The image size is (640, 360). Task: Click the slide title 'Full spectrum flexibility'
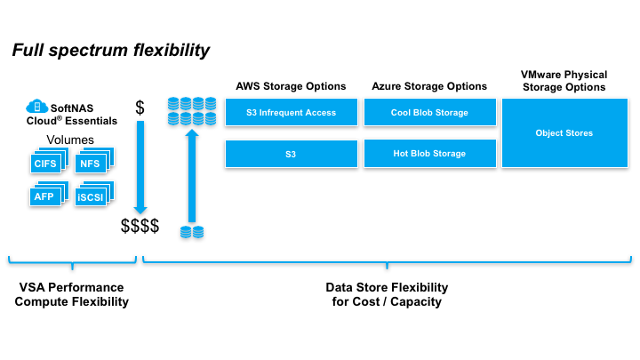111,50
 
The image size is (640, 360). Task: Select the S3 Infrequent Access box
291,113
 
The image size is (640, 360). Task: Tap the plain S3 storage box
291,154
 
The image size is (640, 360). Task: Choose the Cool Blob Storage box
429,113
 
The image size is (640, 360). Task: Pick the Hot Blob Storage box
429,154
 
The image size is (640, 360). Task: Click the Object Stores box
564,133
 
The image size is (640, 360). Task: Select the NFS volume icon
91,163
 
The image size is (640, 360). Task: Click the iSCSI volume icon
91,196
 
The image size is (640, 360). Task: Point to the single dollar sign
140,108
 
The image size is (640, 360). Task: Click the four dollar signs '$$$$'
140,226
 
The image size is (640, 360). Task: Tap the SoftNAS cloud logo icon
37,106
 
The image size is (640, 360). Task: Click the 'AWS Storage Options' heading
291,86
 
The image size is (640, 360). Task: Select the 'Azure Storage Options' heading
429,86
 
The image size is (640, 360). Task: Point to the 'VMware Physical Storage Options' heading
564,80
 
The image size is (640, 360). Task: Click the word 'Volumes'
69,140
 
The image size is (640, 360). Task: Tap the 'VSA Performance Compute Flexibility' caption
71,294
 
